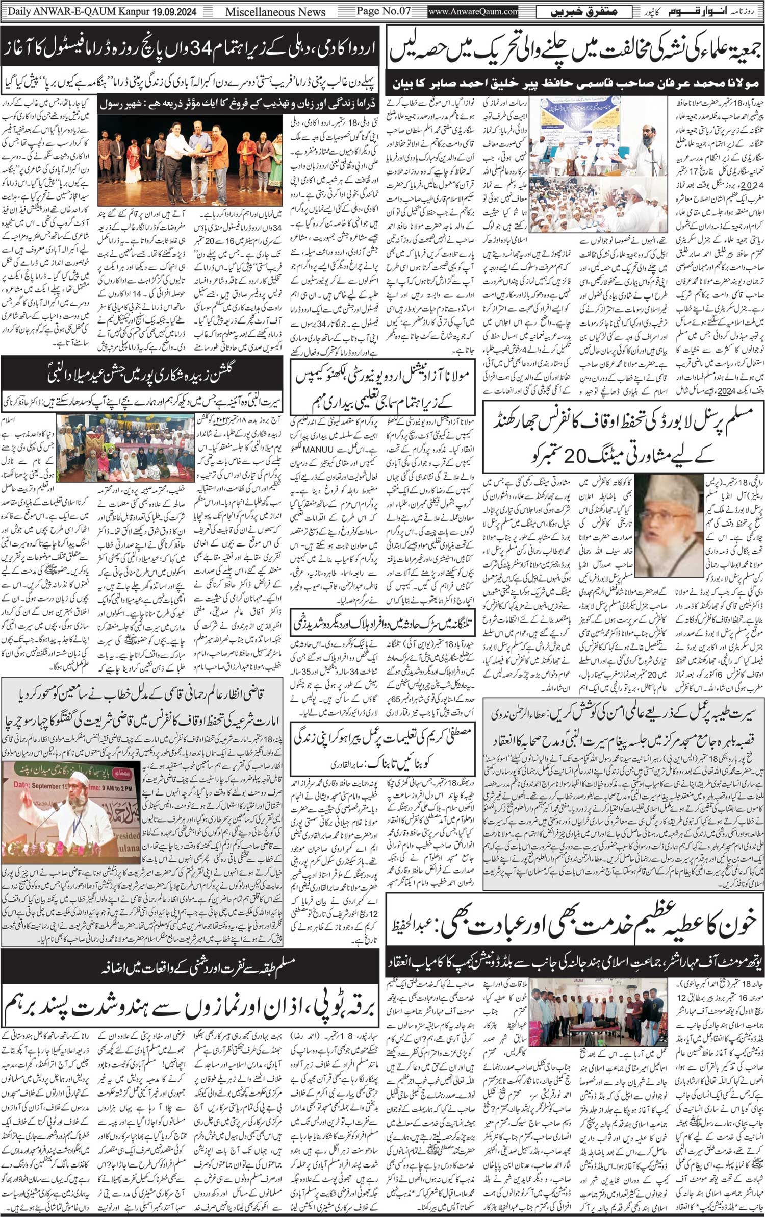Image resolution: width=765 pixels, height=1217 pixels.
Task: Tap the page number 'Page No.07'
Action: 383,11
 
